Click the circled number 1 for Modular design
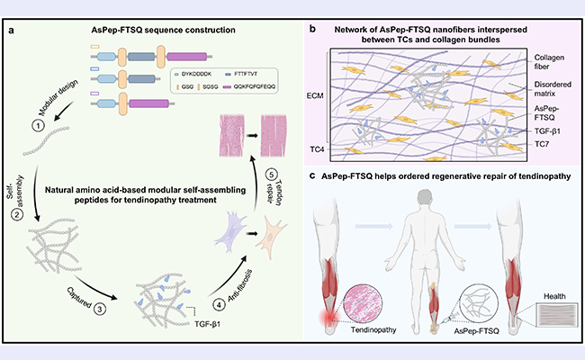click(38, 126)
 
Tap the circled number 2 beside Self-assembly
click(17, 214)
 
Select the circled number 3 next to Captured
click(99, 310)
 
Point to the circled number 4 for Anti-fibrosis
click(219, 305)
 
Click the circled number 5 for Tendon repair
click(271, 175)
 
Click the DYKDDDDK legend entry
click(193, 74)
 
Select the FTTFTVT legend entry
click(241, 74)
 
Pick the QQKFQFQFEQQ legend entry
click(249, 86)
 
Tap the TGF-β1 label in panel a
click(207, 324)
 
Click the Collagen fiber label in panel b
click(549, 62)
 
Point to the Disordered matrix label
click(553, 89)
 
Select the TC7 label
click(541, 144)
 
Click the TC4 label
click(317, 149)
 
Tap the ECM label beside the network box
click(315, 96)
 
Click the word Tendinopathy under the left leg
click(373, 329)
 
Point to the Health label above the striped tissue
click(554, 296)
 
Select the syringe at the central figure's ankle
click(450, 318)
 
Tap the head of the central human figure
click(427, 196)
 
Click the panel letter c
click(312, 175)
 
